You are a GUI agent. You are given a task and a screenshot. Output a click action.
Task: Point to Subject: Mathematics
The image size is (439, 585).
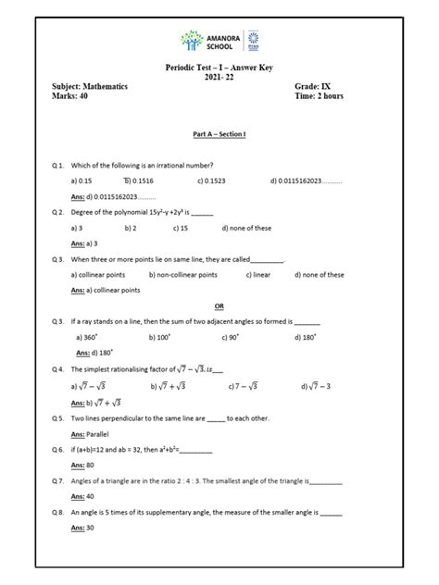[91, 86]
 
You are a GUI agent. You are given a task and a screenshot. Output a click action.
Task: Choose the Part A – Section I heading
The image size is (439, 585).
[219, 134]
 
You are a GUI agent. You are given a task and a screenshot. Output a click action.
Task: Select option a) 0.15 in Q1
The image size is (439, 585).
[83, 180]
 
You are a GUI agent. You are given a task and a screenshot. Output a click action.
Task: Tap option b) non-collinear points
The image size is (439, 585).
[182, 275]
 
